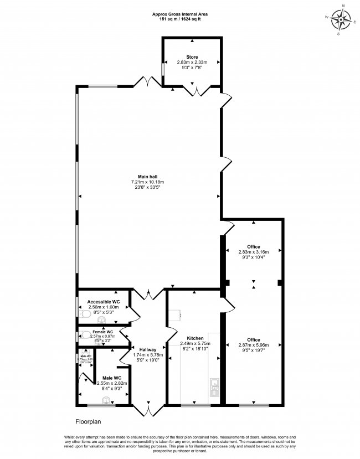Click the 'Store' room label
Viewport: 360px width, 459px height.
coord(192,56)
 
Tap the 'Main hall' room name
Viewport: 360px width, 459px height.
coord(147,177)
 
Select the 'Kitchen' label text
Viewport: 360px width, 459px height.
coord(195,338)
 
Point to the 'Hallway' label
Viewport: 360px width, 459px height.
coord(148,349)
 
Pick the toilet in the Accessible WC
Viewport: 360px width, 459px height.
coord(86,314)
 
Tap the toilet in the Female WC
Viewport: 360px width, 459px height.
coord(85,334)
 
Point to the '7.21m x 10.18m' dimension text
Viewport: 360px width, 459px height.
coord(147,182)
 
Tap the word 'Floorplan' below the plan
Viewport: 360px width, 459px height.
coord(88,422)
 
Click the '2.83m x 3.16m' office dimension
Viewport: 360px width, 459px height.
coord(254,251)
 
